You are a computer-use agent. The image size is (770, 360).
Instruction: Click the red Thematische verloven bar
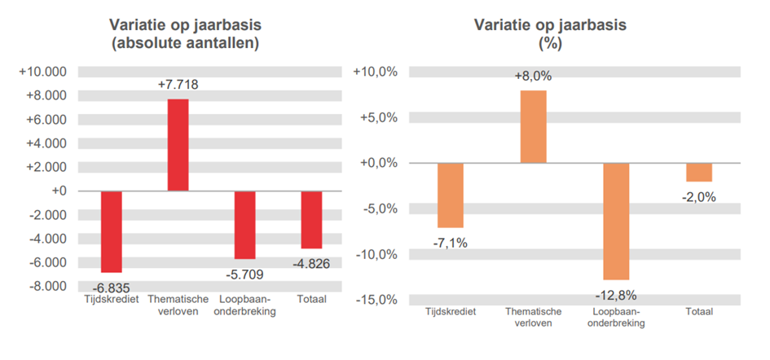[x=178, y=145]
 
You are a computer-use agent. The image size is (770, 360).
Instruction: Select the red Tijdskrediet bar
[x=111, y=231]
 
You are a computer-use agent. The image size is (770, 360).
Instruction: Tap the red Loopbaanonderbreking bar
[x=244, y=225]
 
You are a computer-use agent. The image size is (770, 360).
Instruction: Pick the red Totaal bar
[x=311, y=219]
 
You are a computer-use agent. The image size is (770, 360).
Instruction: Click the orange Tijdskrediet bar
[x=450, y=195]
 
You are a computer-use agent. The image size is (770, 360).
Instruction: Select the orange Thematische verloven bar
[x=533, y=126]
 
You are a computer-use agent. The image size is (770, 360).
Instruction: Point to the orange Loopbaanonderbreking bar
[x=616, y=221]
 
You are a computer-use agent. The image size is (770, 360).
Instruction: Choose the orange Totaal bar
[x=699, y=172]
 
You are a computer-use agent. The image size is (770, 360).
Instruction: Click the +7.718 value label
[x=178, y=84]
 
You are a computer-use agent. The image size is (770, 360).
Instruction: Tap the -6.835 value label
[x=111, y=288]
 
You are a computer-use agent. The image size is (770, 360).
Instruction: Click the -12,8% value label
[x=616, y=295]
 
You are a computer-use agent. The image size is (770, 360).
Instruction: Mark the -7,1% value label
[x=450, y=242]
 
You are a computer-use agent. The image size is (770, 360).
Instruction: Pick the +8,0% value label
[x=533, y=76]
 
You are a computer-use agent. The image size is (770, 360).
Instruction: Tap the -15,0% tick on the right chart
[x=376, y=300]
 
